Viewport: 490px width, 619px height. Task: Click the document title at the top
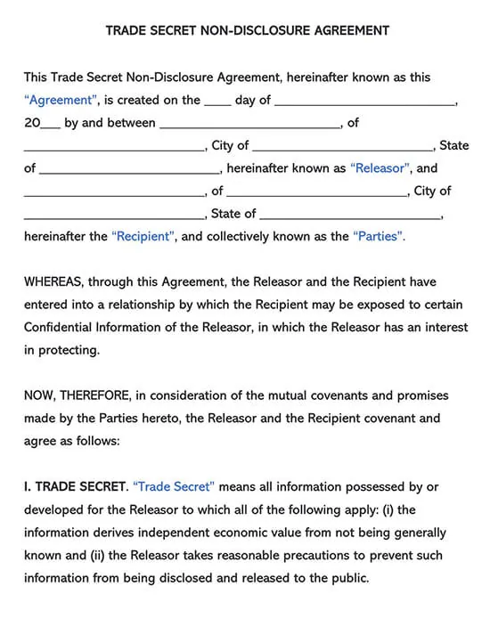pyautogui.click(x=247, y=30)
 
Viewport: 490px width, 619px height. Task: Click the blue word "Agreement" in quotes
pyautogui.click(x=57, y=101)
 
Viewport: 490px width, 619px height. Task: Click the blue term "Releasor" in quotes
pyautogui.click(x=380, y=167)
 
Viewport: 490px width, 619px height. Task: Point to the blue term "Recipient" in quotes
pyautogui.click(x=143, y=236)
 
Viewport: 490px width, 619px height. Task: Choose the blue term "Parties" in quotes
pyautogui.click(x=379, y=236)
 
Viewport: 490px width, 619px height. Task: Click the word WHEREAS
pyautogui.click(x=53, y=282)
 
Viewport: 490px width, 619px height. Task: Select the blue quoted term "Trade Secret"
pyautogui.click(x=174, y=487)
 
